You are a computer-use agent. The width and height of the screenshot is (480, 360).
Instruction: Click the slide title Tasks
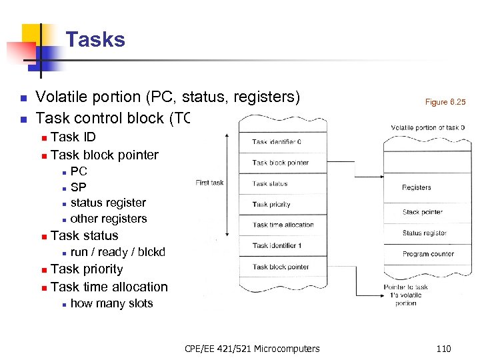[95, 40]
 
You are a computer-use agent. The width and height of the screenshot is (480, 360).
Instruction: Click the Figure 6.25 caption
[445, 102]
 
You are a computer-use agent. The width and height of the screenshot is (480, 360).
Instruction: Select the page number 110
[443, 348]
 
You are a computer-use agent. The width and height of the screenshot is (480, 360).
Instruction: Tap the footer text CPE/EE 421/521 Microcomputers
[252, 348]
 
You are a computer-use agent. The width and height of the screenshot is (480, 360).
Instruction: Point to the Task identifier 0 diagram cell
[277, 141]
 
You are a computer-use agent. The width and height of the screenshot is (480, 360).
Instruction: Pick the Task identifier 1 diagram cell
[277, 245]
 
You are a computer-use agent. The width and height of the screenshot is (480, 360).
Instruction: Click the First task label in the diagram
[209, 183]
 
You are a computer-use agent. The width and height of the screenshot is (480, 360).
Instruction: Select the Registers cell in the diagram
[417, 188]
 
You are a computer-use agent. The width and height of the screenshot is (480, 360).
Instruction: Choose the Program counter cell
[424, 254]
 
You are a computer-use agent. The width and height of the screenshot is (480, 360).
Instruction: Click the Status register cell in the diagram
[424, 233]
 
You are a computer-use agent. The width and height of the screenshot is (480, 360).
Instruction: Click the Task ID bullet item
[73, 137]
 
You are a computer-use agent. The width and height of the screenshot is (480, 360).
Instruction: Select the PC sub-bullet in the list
[79, 171]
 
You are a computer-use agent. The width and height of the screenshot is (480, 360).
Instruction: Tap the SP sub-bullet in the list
[78, 187]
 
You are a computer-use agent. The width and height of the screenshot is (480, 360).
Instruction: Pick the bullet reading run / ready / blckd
[117, 252]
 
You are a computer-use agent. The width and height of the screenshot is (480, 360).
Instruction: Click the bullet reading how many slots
[111, 303]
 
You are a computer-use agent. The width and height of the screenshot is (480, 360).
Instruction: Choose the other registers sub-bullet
[108, 219]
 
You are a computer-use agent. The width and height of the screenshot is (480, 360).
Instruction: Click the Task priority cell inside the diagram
[271, 205]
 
